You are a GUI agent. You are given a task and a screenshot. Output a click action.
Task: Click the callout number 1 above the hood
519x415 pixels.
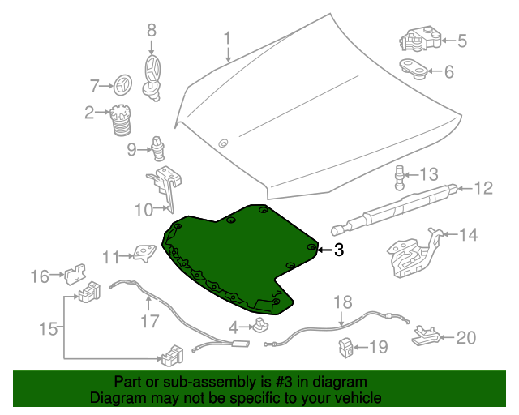(228, 37)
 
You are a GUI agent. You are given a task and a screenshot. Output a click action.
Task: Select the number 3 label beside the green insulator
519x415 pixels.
(339, 250)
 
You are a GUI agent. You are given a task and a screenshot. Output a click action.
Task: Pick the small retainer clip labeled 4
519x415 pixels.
(260, 327)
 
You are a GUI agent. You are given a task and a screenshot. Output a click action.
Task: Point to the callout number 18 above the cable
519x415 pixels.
(343, 302)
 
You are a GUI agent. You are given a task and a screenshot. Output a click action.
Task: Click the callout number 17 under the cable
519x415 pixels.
(150, 321)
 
